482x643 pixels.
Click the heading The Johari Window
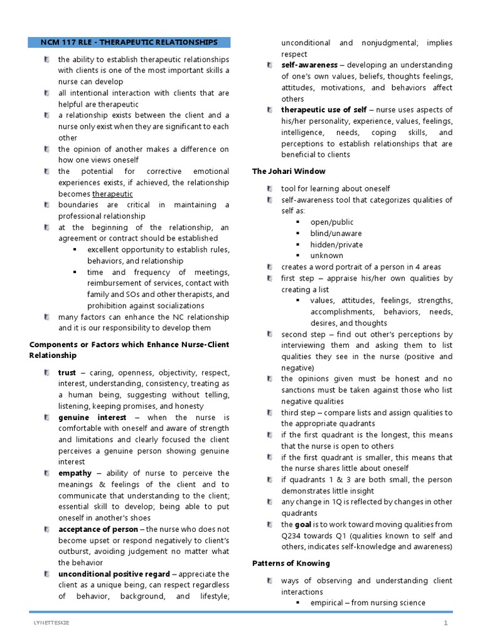[x=289, y=171]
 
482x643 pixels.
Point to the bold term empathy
[x=75, y=473]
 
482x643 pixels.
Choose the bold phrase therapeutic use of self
[x=324, y=111]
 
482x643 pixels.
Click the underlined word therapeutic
[x=112, y=194]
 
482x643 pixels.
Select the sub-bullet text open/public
[x=331, y=222]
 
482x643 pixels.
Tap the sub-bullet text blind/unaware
[x=336, y=234]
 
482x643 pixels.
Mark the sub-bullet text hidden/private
[x=336, y=245]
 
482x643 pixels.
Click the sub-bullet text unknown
[x=326, y=256]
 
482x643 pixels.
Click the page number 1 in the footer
[x=446, y=623]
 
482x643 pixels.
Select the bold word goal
[x=304, y=524]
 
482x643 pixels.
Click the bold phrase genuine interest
[x=92, y=418]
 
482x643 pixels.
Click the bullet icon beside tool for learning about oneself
[x=269, y=189]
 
